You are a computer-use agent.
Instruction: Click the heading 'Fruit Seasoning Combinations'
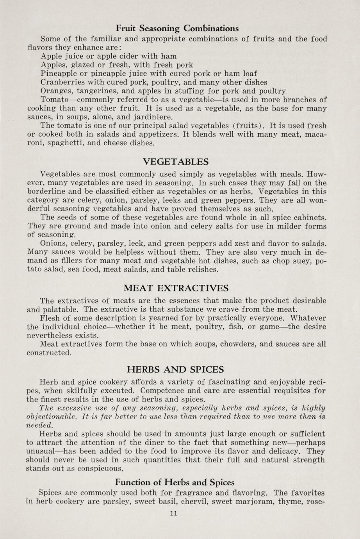pos(177,29)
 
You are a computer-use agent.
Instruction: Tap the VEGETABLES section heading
pos(176,162)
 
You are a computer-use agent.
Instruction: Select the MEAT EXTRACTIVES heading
pos(176,289)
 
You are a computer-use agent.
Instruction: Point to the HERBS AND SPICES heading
pos(176,369)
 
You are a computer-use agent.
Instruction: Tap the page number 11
pos(174,513)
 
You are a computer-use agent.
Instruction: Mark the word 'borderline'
pos(46,191)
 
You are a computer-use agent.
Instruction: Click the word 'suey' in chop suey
pos(304,261)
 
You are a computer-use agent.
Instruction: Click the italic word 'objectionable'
pos(52,416)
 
